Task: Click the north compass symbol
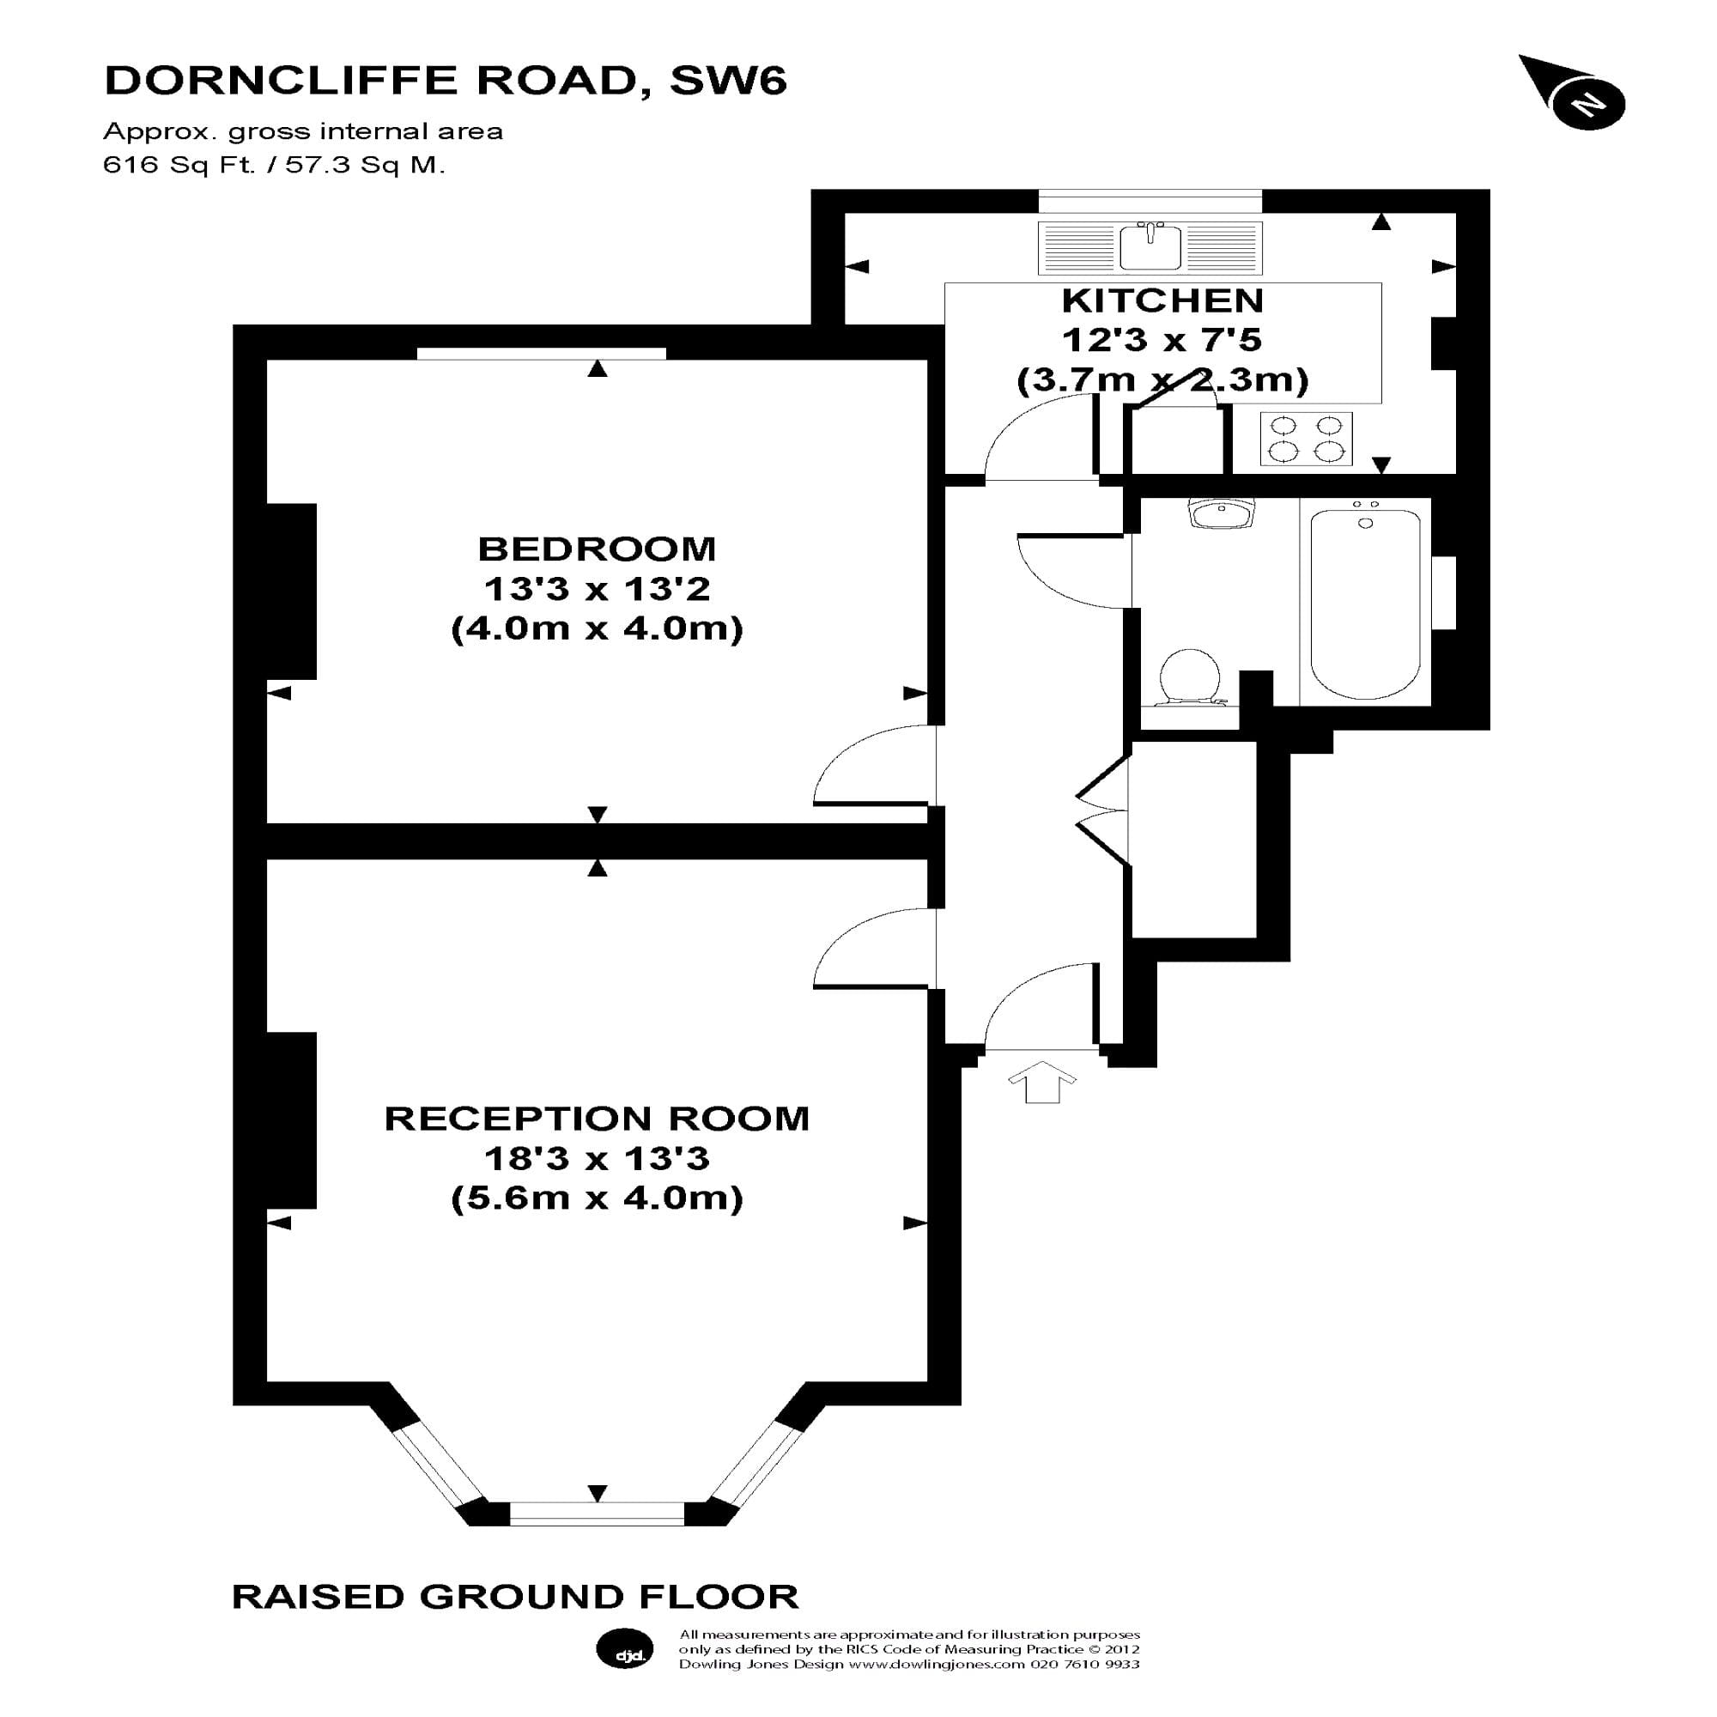[x=1587, y=104]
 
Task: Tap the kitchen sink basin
[x=1150, y=247]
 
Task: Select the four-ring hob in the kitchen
[x=1306, y=439]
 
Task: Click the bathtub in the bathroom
[x=1364, y=603]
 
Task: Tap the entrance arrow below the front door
[x=1041, y=1082]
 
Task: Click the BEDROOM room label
[x=597, y=549]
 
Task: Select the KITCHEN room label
[x=1162, y=301]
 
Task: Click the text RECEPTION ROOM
[x=597, y=1119]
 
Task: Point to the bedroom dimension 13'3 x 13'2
[x=597, y=588]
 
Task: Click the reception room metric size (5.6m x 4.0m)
[x=597, y=1198]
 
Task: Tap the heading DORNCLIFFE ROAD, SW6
[x=446, y=80]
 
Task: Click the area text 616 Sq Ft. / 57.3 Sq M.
[x=274, y=165]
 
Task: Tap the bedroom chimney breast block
[x=291, y=591]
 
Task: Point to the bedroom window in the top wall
[x=541, y=354]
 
